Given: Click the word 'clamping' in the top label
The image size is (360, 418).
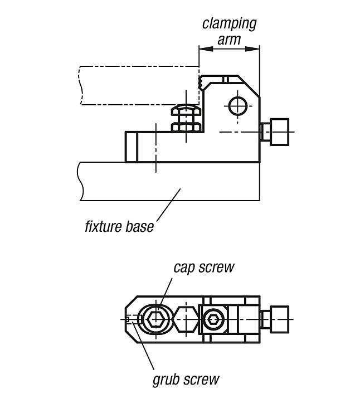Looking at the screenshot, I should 229,24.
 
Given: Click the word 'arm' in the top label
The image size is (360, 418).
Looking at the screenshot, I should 229,39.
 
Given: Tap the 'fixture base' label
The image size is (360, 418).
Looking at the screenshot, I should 119,227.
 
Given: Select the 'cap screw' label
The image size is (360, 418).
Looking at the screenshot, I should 203,267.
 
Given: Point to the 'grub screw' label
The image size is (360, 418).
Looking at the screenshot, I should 186,380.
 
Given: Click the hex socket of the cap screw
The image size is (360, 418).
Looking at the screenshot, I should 157,319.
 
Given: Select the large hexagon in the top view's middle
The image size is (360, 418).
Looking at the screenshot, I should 186,319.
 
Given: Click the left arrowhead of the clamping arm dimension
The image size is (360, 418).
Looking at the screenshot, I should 203,49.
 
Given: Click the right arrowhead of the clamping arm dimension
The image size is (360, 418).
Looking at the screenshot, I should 256,49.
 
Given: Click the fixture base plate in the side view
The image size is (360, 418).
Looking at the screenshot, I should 167,181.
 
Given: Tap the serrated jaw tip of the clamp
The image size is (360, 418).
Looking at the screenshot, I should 200,84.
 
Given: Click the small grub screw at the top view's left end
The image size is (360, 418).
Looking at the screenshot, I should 129,319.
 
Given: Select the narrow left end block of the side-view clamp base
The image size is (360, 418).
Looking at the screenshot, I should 131,146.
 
